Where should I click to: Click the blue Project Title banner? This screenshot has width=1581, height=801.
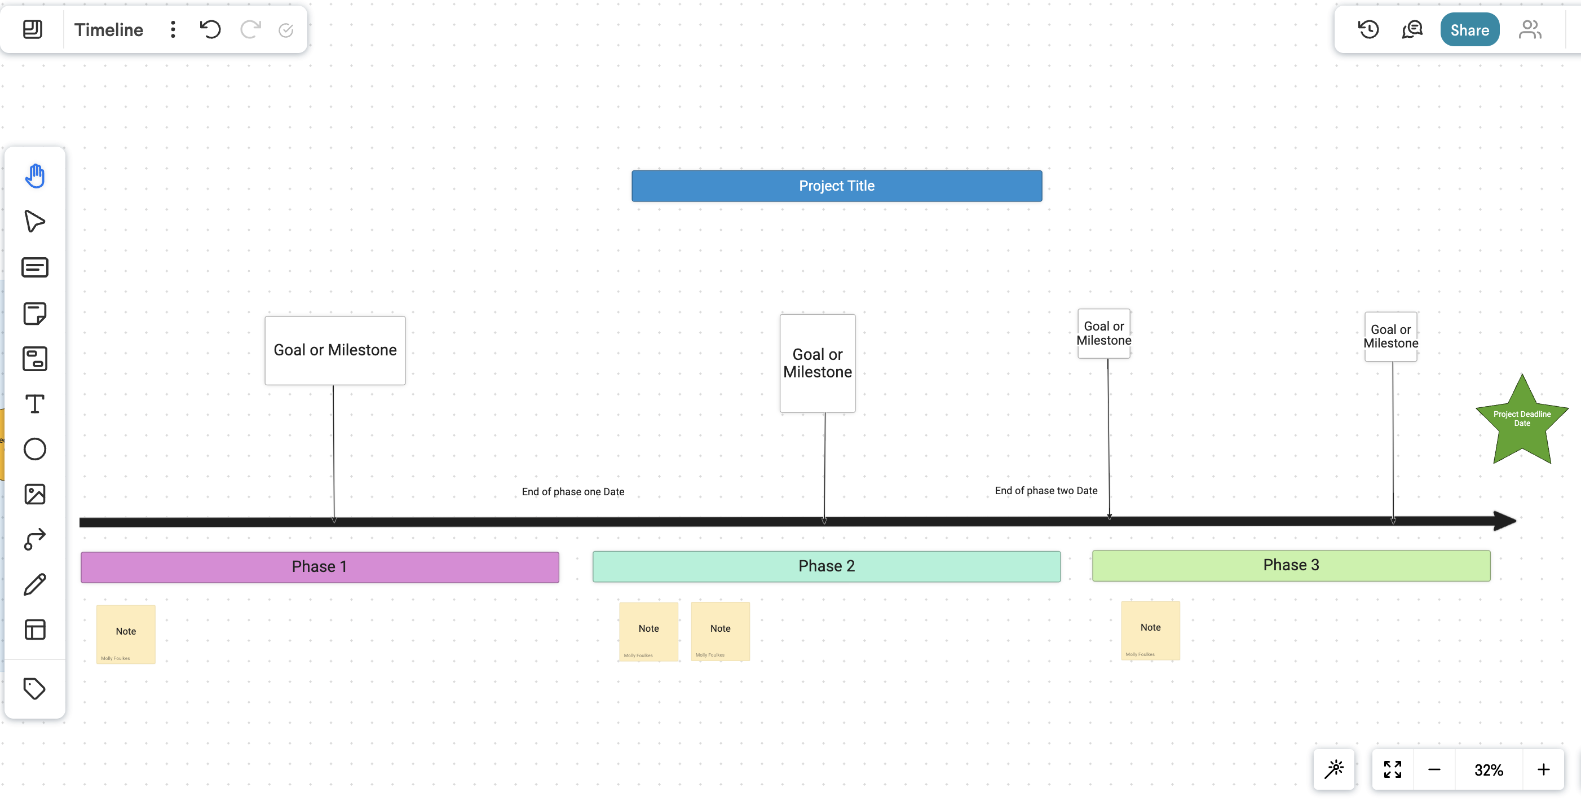click(837, 186)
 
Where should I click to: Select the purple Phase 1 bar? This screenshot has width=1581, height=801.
click(319, 566)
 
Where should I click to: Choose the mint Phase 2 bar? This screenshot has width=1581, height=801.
click(826, 566)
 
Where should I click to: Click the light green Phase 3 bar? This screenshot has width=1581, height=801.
click(1291, 565)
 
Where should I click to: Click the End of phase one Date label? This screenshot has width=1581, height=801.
click(573, 492)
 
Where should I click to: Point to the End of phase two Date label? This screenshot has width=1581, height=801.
click(1046, 490)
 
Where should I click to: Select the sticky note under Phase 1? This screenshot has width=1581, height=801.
click(126, 634)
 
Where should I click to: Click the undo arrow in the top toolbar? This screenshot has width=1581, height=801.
click(210, 29)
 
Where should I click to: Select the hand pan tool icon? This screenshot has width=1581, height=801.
click(35, 176)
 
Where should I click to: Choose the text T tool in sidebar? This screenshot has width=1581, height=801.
click(35, 404)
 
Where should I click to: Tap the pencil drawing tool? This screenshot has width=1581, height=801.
click(35, 584)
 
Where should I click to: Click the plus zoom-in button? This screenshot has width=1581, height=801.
click(1543, 770)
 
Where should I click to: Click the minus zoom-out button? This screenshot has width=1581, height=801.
click(1434, 770)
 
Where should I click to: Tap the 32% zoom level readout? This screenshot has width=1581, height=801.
click(1489, 770)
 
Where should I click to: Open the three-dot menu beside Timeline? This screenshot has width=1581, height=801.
click(173, 29)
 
